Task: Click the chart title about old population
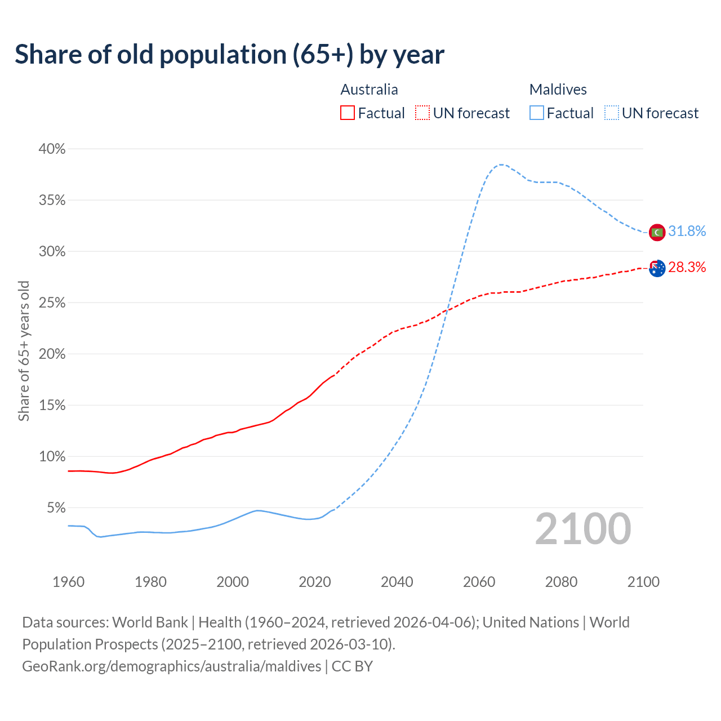[x=229, y=55]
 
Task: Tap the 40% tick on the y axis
[x=52, y=149]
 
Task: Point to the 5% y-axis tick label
[x=55, y=508]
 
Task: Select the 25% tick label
[x=52, y=303]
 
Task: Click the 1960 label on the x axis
[x=68, y=582]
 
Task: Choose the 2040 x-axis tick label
[x=397, y=582]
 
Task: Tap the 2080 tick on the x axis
[x=561, y=582]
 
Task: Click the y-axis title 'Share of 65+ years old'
[x=24, y=350]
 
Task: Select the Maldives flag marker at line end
[x=657, y=232]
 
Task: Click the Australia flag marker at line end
[x=657, y=268]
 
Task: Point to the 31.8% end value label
[x=687, y=232]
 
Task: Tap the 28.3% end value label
[x=687, y=268]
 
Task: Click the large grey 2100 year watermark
[x=582, y=529]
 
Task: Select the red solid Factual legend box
[x=348, y=113]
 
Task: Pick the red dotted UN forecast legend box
[x=422, y=113]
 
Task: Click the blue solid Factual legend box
[x=537, y=113]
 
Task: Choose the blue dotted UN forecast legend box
[x=612, y=113]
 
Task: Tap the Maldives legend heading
[x=558, y=90]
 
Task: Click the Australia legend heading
[x=369, y=90]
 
